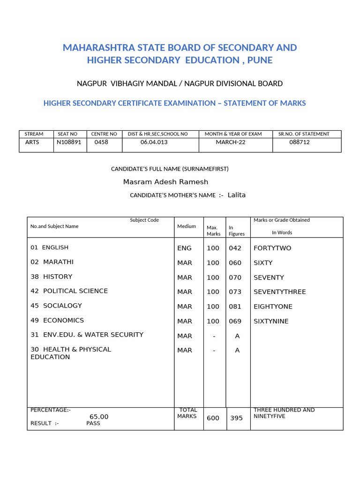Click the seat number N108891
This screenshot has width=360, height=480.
[x=68, y=142]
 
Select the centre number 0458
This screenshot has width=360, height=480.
[x=101, y=142]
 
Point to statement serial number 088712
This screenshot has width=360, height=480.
[x=300, y=142]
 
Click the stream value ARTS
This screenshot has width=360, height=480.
[x=32, y=142]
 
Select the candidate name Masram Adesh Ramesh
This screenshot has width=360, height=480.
[x=165, y=182]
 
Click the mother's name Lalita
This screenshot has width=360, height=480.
[x=236, y=195]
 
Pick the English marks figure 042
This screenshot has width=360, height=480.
[x=235, y=248]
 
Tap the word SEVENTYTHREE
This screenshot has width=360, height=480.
[x=279, y=292]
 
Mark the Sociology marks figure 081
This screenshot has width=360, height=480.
[x=235, y=307]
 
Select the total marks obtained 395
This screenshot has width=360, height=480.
[x=236, y=418]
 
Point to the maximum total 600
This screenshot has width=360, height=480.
[x=213, y=418]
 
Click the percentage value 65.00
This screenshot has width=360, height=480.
[x=99, y=417]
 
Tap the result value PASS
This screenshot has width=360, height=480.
[x=93, y=423]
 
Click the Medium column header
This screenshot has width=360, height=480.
[x=187, y=226]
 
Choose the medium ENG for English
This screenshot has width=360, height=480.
[x=184, y=248]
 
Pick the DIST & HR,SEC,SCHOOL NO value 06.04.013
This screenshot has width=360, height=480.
[x=154, y=142]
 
